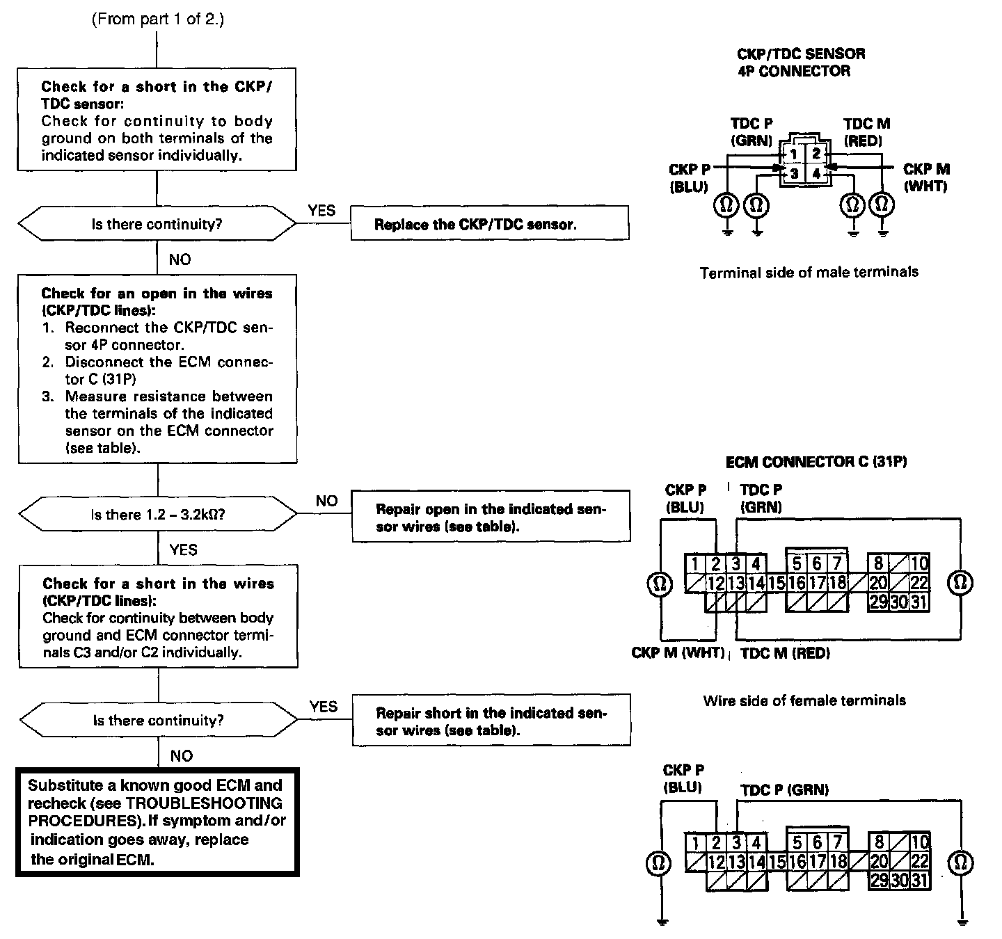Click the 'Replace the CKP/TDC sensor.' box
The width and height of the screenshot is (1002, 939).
point(489,223)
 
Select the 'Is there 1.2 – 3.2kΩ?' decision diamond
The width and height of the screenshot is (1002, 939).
point(157,515)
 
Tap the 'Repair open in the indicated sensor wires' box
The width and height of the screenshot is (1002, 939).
point(491,517)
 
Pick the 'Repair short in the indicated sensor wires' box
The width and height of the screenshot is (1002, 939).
point(491,721)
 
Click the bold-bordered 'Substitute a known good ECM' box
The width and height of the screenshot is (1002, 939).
point(157,822)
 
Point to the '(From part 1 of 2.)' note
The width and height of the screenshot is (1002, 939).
point(158,19)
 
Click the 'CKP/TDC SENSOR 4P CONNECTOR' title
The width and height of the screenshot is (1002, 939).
point(800,62)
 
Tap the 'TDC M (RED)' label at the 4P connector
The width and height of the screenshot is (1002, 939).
point(866,131)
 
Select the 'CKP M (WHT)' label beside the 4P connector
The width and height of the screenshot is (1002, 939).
point(926,177)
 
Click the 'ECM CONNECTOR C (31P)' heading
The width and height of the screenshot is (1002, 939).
point(816,462)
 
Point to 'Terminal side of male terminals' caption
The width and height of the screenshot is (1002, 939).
point(809,272)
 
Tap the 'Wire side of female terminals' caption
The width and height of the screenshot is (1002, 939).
point(804,700)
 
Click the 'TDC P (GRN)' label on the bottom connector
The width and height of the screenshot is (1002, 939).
point(784,789)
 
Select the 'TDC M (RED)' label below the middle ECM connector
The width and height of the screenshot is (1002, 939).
point(785,653)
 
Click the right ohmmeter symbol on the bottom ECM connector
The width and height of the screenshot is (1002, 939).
point(961,863)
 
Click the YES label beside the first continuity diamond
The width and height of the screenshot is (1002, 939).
point(321,210)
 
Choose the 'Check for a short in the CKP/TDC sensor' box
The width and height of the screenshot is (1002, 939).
point(157,120)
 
